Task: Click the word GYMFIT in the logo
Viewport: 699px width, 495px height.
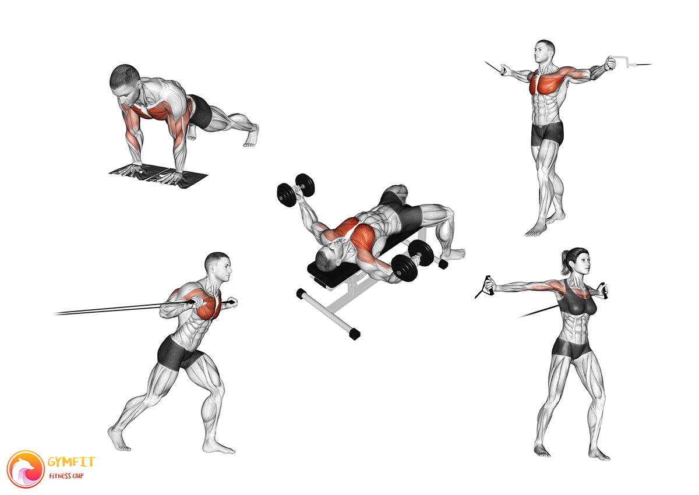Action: pos(72,461)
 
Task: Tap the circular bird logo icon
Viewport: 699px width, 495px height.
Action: pos(26,469)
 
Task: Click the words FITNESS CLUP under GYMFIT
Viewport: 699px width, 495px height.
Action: pos(66,476)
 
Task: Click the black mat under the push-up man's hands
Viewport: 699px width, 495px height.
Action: pos(158,176)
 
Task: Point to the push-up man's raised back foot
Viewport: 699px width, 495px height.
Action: pos(252,136)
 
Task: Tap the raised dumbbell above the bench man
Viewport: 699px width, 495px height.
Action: pos(295,189)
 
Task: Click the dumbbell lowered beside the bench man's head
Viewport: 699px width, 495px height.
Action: pos(412,261)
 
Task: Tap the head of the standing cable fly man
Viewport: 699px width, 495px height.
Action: pos(544,52)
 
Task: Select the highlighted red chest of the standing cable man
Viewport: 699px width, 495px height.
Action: pos(545,82)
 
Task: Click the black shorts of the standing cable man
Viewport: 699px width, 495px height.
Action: pos(547,133)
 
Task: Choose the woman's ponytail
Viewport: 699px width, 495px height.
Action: pos(564,264)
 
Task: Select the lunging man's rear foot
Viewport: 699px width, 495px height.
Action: pos(118,439)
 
